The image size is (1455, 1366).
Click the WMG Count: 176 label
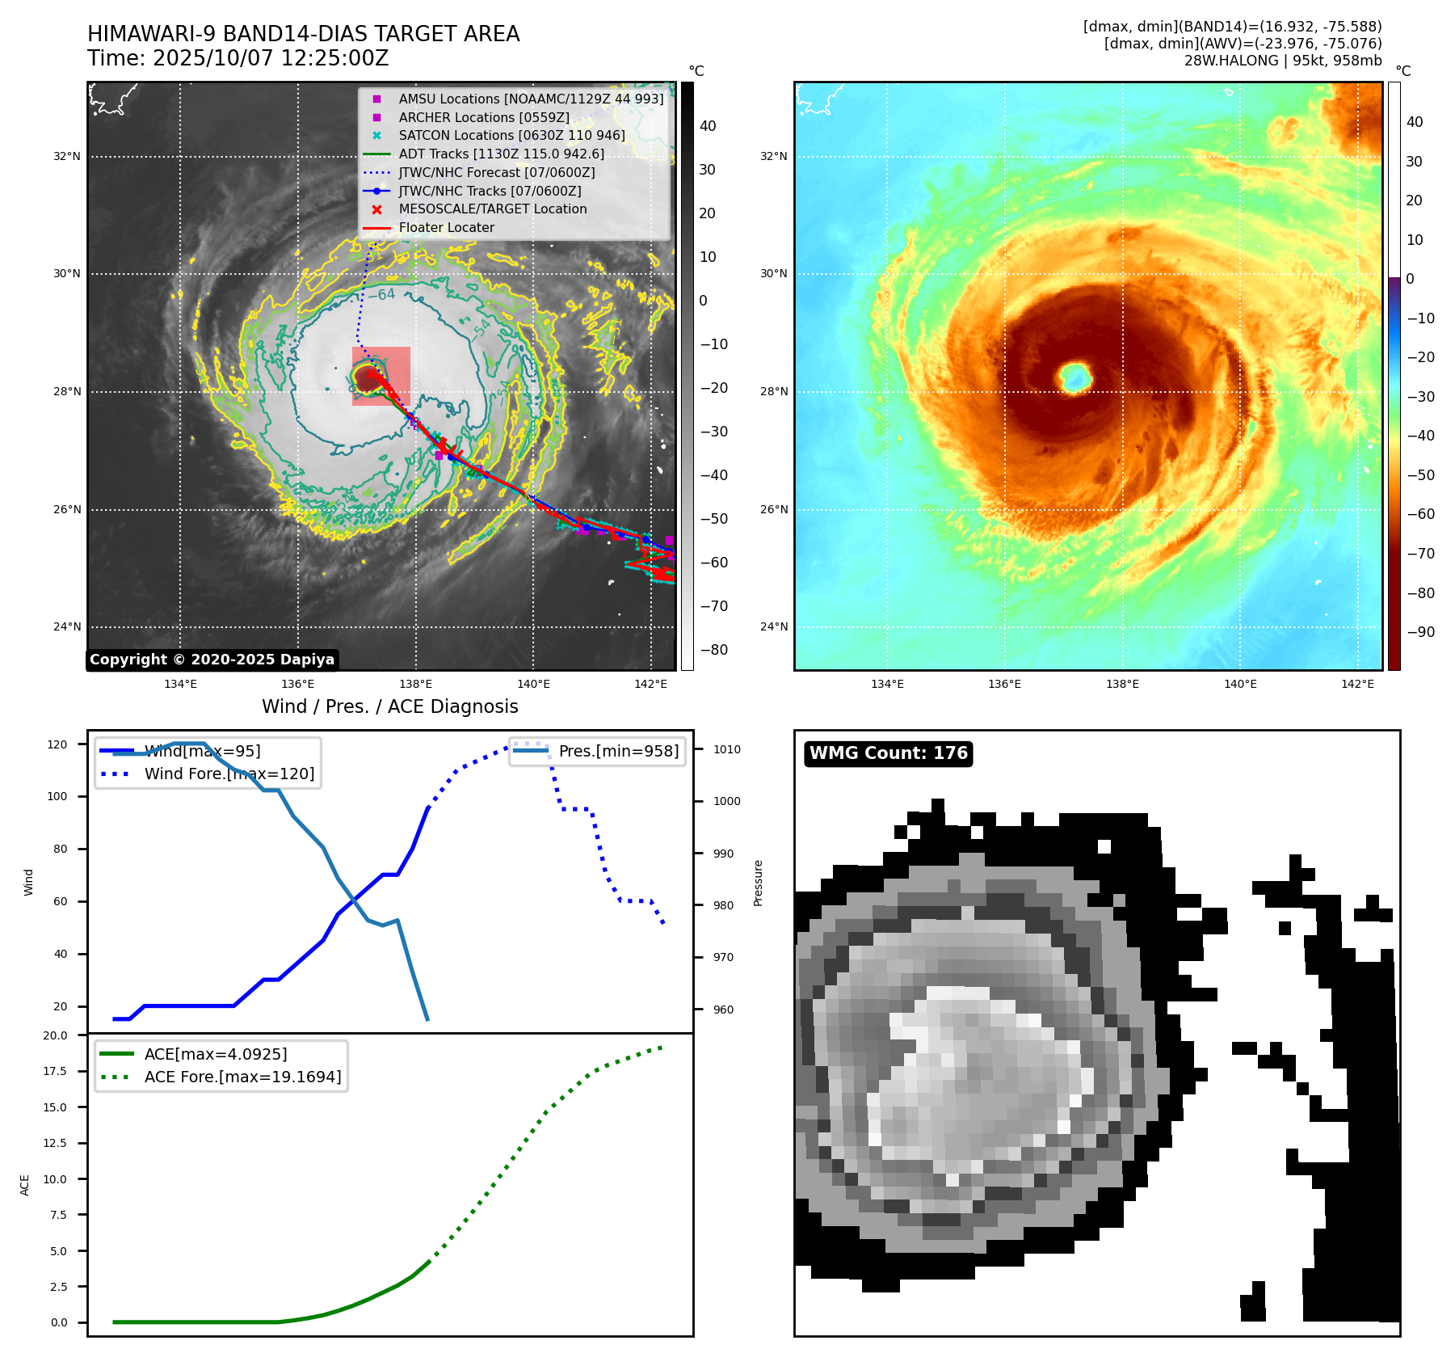(x=888, y=753)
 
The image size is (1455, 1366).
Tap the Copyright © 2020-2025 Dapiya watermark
(x=212, y=660)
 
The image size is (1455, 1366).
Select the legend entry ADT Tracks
(x=501, y=154)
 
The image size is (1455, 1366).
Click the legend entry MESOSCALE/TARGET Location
(x=492, y=209)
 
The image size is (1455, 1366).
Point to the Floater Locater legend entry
(x=446, y=227)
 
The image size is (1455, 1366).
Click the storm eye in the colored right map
(x=1075, y=377)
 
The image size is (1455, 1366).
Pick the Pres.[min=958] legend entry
(x=618, y=751)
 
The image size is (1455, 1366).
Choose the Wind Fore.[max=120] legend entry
(x=229, y=774)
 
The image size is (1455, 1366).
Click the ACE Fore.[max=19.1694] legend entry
(x=242, y=1077)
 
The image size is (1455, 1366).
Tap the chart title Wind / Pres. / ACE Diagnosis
(x=390, y=706)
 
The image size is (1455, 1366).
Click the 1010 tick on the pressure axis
(x=726, y=749)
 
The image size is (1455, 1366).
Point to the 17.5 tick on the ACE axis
(x=56, y=1071)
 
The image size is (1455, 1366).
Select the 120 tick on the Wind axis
(x=57, y=744)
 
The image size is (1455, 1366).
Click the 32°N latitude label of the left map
(x=67, y=156)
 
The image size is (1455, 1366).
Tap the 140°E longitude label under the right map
(x=1240, y=684)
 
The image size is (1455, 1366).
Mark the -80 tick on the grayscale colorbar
(x=713, y=649)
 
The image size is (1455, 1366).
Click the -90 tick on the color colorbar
(x=1420, y=631)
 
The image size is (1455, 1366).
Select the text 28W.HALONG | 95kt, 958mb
(x=1283, y=61)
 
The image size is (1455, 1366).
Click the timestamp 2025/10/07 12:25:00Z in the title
(x=271, y=58)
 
